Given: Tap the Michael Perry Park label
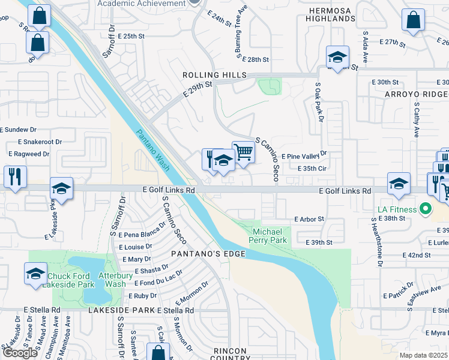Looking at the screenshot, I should point(270,236).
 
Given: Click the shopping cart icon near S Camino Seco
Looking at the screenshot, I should point(243,152).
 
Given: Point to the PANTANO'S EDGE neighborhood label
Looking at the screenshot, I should point(208,254).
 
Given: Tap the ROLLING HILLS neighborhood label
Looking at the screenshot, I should point(215,74).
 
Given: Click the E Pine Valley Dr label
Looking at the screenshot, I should point(303,155).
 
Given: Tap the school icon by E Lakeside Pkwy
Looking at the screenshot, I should point(61,188).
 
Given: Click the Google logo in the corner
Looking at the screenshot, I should point(20,353).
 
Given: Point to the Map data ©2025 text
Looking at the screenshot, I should point(423,355).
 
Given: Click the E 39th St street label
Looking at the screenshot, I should point(318,242).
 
